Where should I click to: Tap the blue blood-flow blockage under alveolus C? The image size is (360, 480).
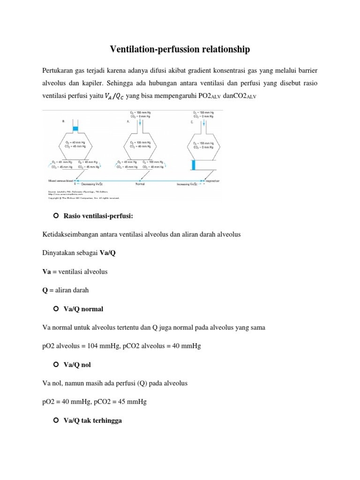pyautogui.click(x=193, y=165)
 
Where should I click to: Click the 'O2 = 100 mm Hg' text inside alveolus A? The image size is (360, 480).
pyautogui.click(x=141, y=142)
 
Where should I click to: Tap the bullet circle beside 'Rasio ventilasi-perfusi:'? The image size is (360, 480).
pyautogui.click(x=55, y=216)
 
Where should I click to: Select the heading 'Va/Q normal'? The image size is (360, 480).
pyautogui.click(x=83, y=309)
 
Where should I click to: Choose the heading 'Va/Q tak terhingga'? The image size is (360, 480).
pyautogui.click(x=93, y=420)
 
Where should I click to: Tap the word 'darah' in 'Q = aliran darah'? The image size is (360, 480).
pyautogui.click(x=80, y=290)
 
